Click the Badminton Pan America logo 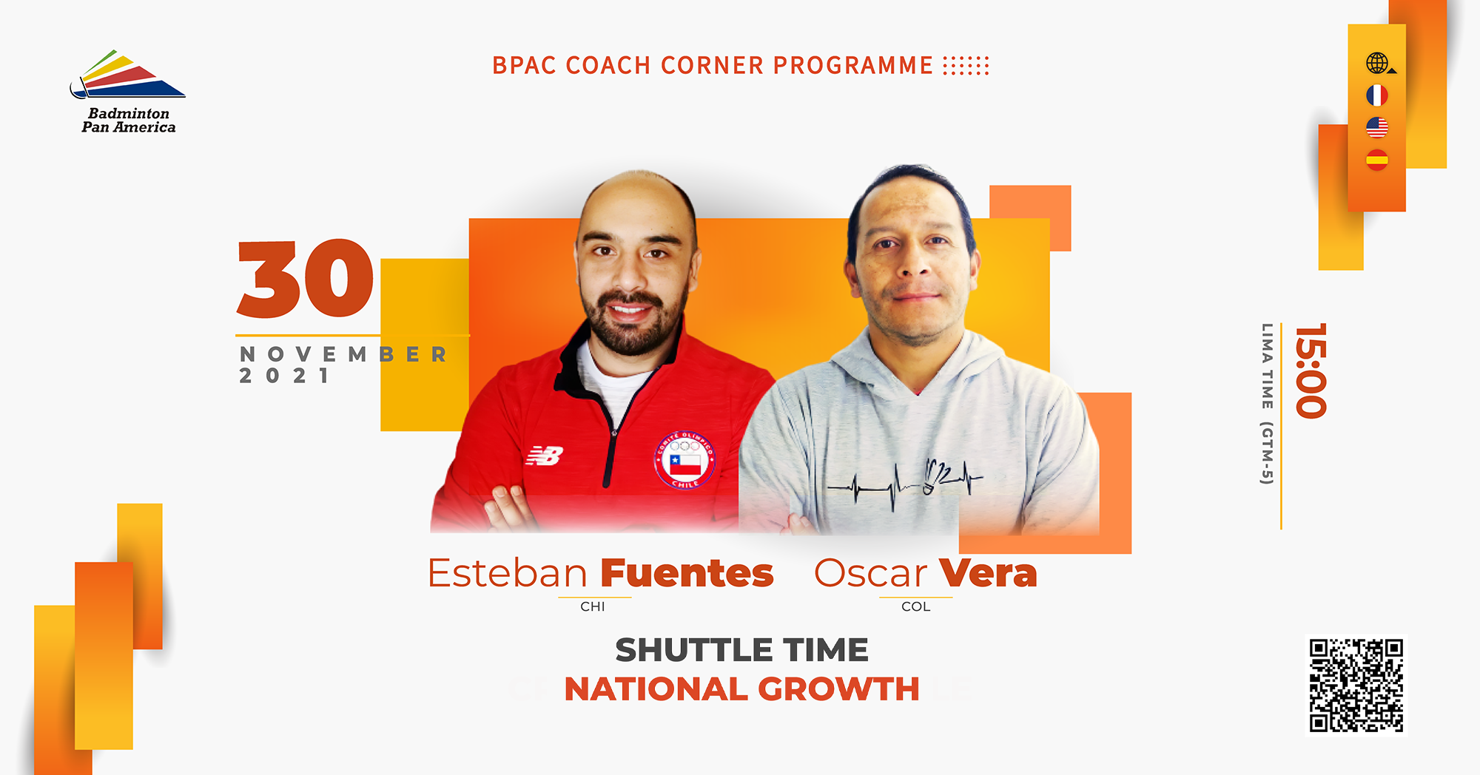(x=127, y=92)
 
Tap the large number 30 (x=305, y=279)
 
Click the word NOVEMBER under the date (x=343, y=354)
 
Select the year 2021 (x=284, y=376)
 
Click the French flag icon (x=1376, y=95)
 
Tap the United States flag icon (x=1376, y=127)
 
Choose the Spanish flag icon (x=1376, y=160)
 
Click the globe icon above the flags (x=1379, y=64)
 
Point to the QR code (x=1356, y=686)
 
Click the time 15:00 (x=1311, y=370)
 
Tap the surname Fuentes (x=687, y=573)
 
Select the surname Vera (x=988, y=573)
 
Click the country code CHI (x=593, y=606)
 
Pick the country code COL (x=916, y=606)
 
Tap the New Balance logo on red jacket (x=545, y=456)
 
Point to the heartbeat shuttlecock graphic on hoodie (x=905, y=483)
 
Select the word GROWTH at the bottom (x=838, y=689)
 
